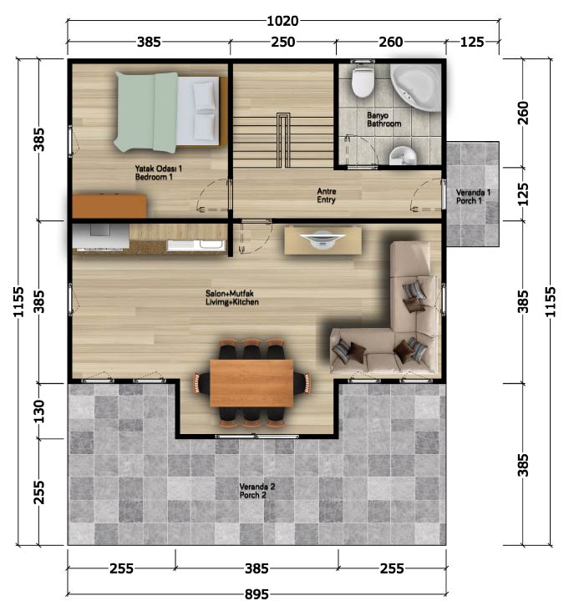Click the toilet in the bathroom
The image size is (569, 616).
point(362,81)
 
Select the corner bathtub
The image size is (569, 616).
point(417,87)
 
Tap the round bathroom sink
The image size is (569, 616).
point(402,155)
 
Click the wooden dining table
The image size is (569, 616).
point(251,383)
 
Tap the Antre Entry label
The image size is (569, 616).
point(327,195)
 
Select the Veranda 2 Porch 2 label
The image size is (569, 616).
point(257,491)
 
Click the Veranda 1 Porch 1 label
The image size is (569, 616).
point(473,196)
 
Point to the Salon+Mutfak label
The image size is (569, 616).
point(230,294)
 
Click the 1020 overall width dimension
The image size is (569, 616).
point(282,21)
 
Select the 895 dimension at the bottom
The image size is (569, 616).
point(257,594)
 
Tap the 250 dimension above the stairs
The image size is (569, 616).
point(282,42)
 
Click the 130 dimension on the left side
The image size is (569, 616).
point(39,411)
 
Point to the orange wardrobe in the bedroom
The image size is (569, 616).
point(109,206)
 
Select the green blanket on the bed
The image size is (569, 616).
point(146,112)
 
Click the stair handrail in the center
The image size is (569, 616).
point(283,140)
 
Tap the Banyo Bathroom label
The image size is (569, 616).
point(384,119)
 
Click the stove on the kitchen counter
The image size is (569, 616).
point(101,236)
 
